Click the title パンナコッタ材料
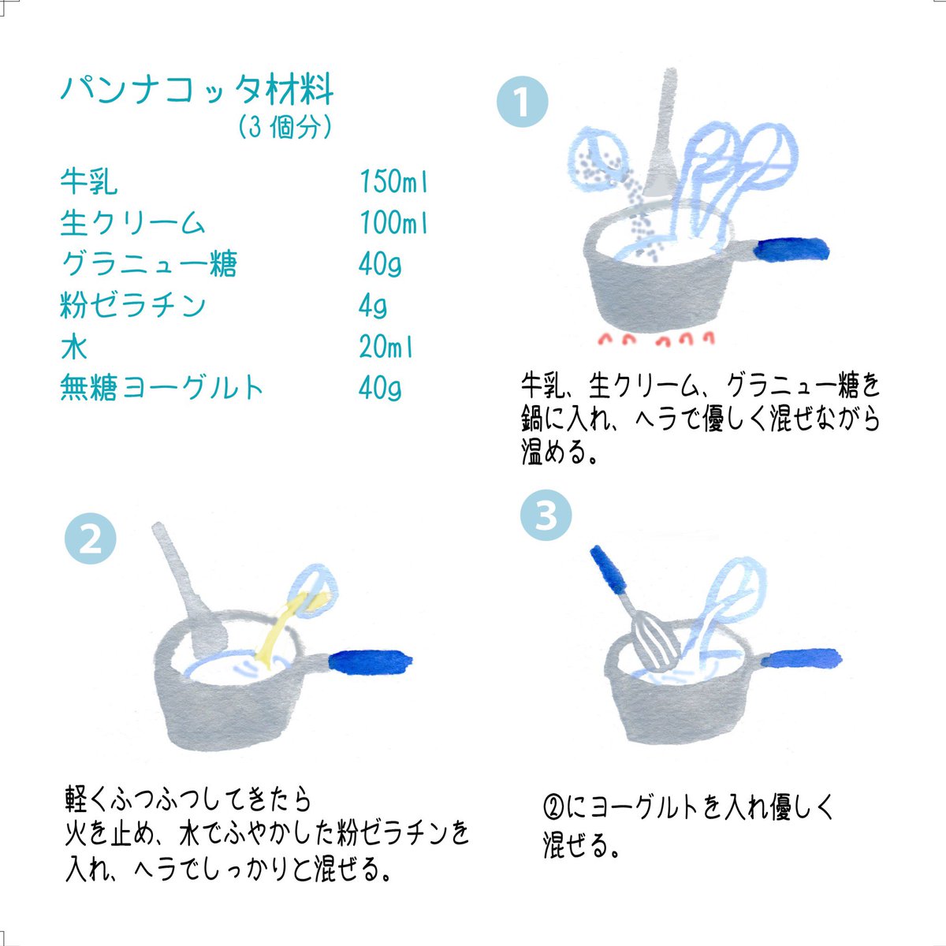(x=197, y=89)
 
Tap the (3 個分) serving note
(x=285, y=127)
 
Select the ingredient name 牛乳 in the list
(x=89, y=181)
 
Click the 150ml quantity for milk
(x=393, y=181)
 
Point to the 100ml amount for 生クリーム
(x=393, y=223)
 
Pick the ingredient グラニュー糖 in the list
(x=149, y=264)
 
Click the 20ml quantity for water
(x=385, y=347)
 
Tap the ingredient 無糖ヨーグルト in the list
(x=162, y=388)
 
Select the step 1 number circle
(x=523, y=102)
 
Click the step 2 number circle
(x=91, y=538)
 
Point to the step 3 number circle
(x=546, y=515)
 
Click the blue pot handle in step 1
(x=791, y=249)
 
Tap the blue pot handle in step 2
(x=371, y=662)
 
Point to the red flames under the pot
(x=657, y=339)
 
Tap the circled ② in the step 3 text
(x=553, y=808)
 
